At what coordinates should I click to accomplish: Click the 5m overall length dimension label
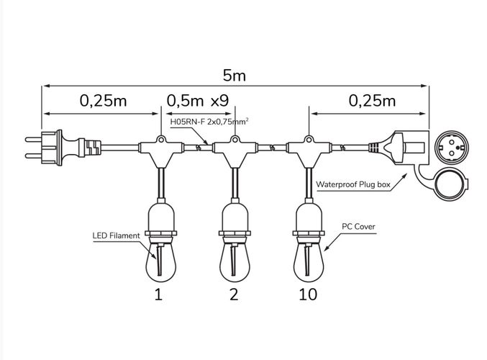pos(234,75)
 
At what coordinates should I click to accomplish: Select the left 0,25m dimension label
pos(103,101)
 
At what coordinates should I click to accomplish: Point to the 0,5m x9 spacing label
pos(198,101)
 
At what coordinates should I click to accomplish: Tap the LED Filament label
pos(116,235)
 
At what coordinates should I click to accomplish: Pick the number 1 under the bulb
pos(158,294)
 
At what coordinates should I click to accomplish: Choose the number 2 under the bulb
pos(234,294)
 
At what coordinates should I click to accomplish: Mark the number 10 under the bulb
pos(306,294)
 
